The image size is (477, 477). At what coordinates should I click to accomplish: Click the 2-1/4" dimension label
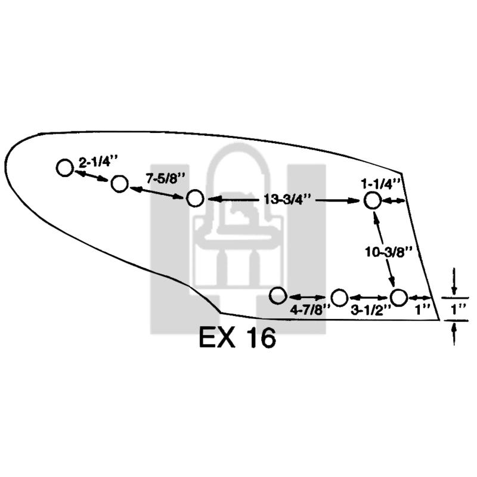click(98, 162)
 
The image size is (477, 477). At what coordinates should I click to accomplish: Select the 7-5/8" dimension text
click(166, 178)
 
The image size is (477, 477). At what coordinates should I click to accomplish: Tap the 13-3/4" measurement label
click(287, 200)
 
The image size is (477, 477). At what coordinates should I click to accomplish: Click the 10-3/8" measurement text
click(389, 252)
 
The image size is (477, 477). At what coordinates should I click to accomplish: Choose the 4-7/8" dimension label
click(310, 310)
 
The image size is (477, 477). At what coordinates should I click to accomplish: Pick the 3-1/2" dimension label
click(370, 311)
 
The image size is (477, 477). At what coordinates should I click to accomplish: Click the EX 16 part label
click(237, 337)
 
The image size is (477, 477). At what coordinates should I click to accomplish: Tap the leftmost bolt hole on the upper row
click(65, 168)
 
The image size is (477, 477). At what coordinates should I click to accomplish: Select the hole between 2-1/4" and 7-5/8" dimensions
click(119, 184)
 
